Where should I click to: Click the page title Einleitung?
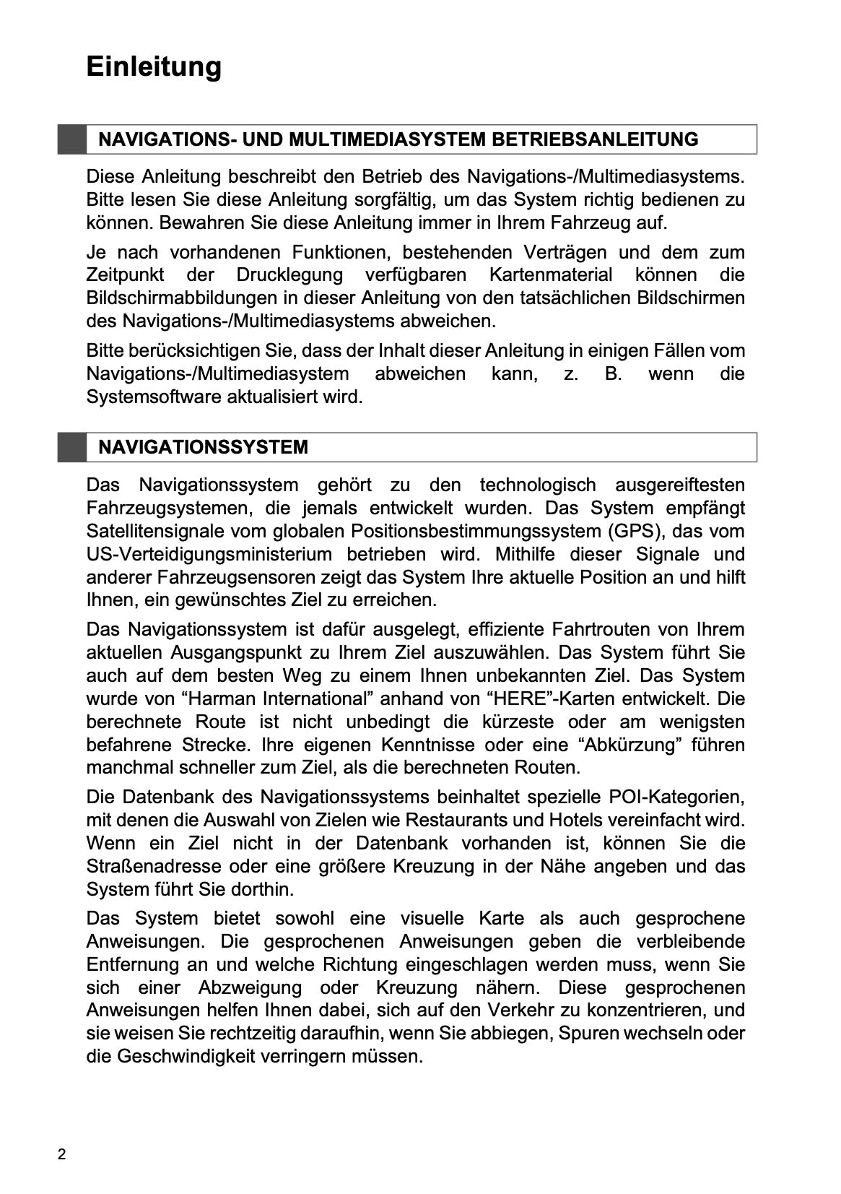(x=154, y=66)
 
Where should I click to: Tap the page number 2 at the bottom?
(x=62, y=1154)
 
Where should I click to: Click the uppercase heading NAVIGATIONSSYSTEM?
(x=203, y=447)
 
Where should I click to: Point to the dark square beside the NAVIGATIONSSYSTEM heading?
(x=72, y=447)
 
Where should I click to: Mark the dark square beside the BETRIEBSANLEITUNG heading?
(x=72, y=139)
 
